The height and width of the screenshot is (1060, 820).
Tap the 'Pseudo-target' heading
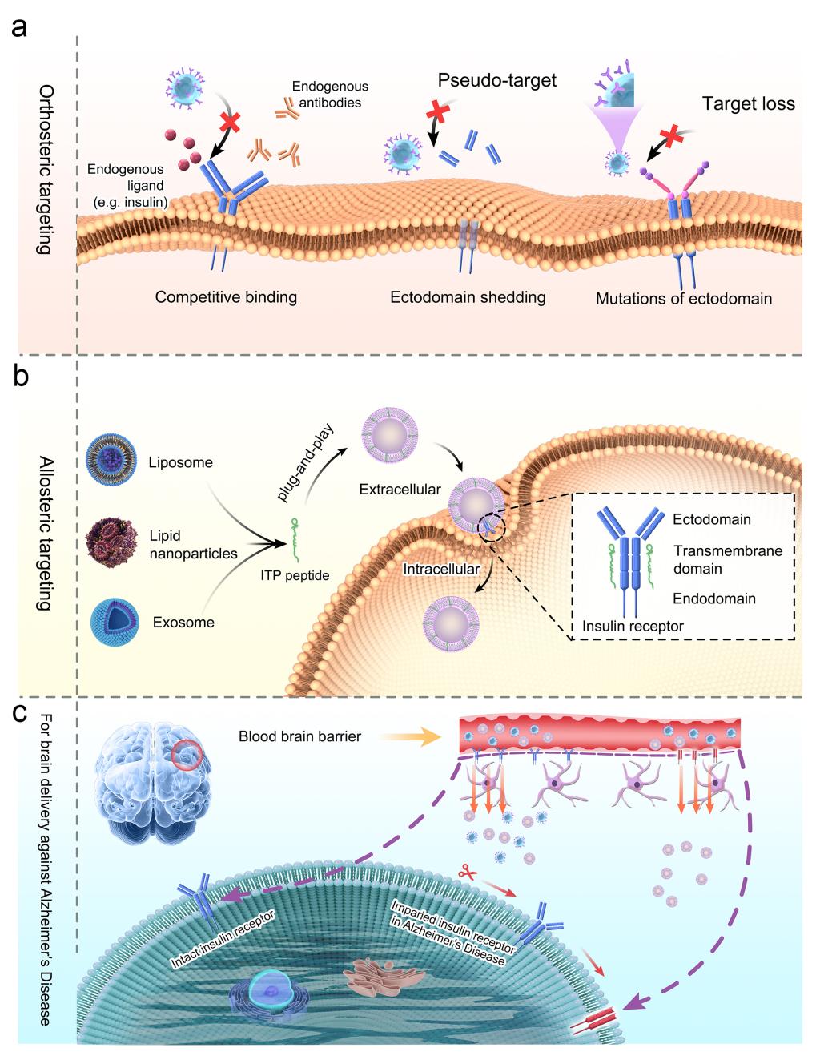(x=496, y=80)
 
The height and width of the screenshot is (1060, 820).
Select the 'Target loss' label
(x=748, y=104)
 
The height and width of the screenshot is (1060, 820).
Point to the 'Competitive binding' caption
(x=226, y=297)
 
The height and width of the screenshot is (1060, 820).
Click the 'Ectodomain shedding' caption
(x=468, y=297)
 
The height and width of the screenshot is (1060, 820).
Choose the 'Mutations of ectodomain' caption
(x=684, y=299)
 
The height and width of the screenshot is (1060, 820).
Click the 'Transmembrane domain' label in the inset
(x=727, y=559)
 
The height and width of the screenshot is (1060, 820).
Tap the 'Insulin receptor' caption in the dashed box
(x=633, y=626)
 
